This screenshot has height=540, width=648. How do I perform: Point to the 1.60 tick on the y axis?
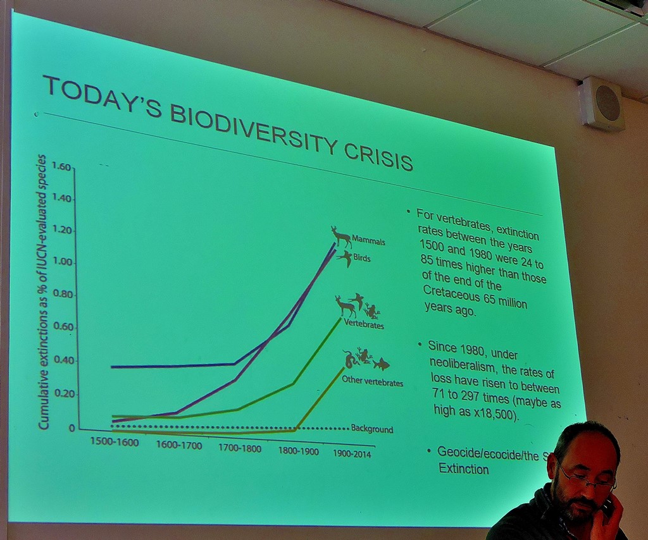point(62,167)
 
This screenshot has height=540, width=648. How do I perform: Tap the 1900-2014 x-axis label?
point(352,453)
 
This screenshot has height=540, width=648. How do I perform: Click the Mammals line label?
point(368,242)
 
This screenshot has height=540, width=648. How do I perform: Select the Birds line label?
point(362,259)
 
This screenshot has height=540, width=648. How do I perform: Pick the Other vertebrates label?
point(372,382)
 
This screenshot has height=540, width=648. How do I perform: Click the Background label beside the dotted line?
point(372,429)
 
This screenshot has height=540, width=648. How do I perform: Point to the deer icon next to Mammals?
point(341,236)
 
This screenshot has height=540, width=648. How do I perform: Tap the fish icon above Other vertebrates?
point(381,364)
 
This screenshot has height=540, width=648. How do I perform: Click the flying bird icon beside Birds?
point(345,258)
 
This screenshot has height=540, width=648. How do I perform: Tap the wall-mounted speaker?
point(602,104)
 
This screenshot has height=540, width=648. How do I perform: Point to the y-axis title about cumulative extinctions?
point(44,291)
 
